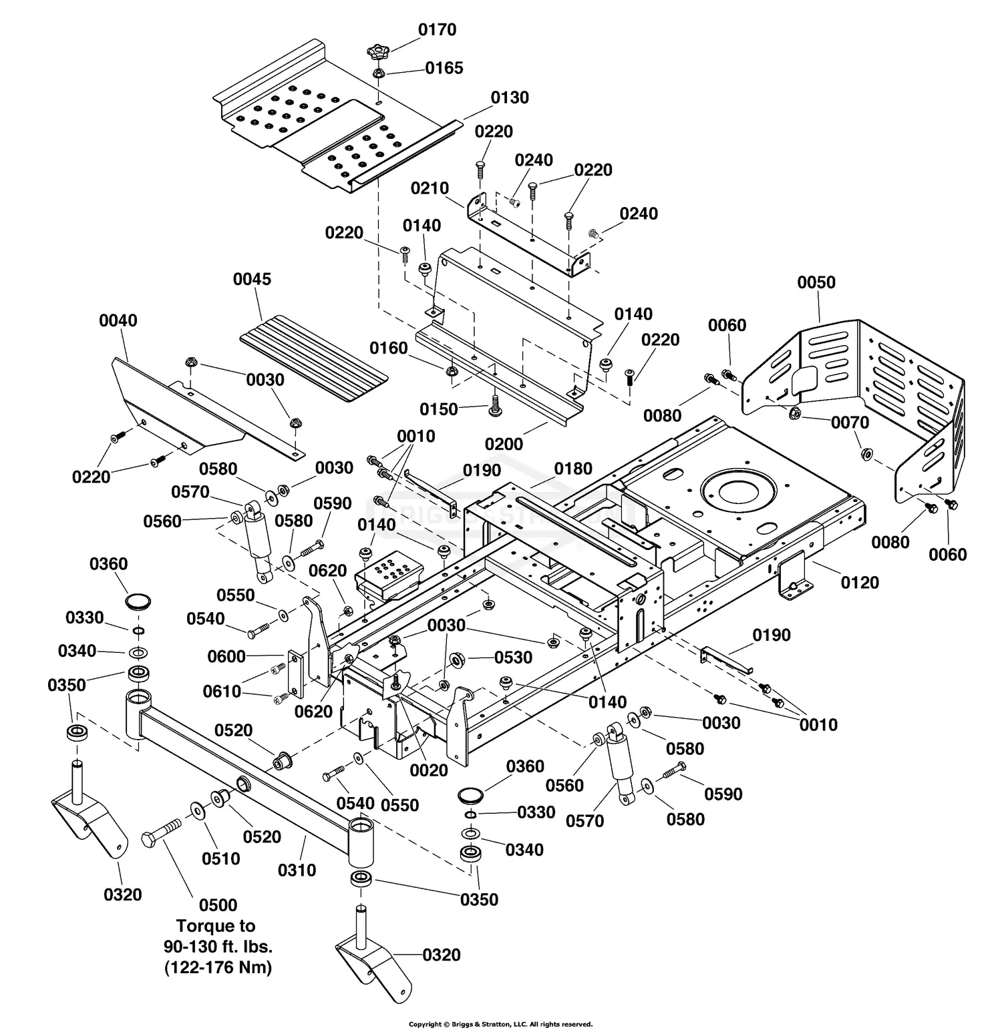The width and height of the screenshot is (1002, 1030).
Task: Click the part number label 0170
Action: [x=437, y=29]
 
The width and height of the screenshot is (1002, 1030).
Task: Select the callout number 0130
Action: [x=509, y=97]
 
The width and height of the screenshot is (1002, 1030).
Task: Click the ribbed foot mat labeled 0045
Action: [x=314, y=360]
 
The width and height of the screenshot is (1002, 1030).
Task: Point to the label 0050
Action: [x=816, y=282]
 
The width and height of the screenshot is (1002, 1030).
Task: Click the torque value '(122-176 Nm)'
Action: [x=218, y=967]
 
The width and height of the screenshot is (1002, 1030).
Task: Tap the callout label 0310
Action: [x=297, y=870]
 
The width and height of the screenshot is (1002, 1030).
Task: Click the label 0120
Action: [x=859, y=583]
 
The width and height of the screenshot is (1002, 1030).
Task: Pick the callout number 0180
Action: [x=573, y=469]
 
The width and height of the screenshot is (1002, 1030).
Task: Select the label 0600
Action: [x=226, y=656]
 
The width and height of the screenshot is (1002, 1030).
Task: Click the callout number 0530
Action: [x=513, y=658]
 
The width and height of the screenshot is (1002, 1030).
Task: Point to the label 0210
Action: [x=430, y=188]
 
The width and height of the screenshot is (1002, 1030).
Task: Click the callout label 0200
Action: [x=504, y=444]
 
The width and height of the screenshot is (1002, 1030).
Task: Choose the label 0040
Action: [x=118, y=320]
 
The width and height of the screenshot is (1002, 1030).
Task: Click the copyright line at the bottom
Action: [x=500, y=1024]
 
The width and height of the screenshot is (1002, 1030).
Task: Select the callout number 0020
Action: [x=428, y=770]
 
